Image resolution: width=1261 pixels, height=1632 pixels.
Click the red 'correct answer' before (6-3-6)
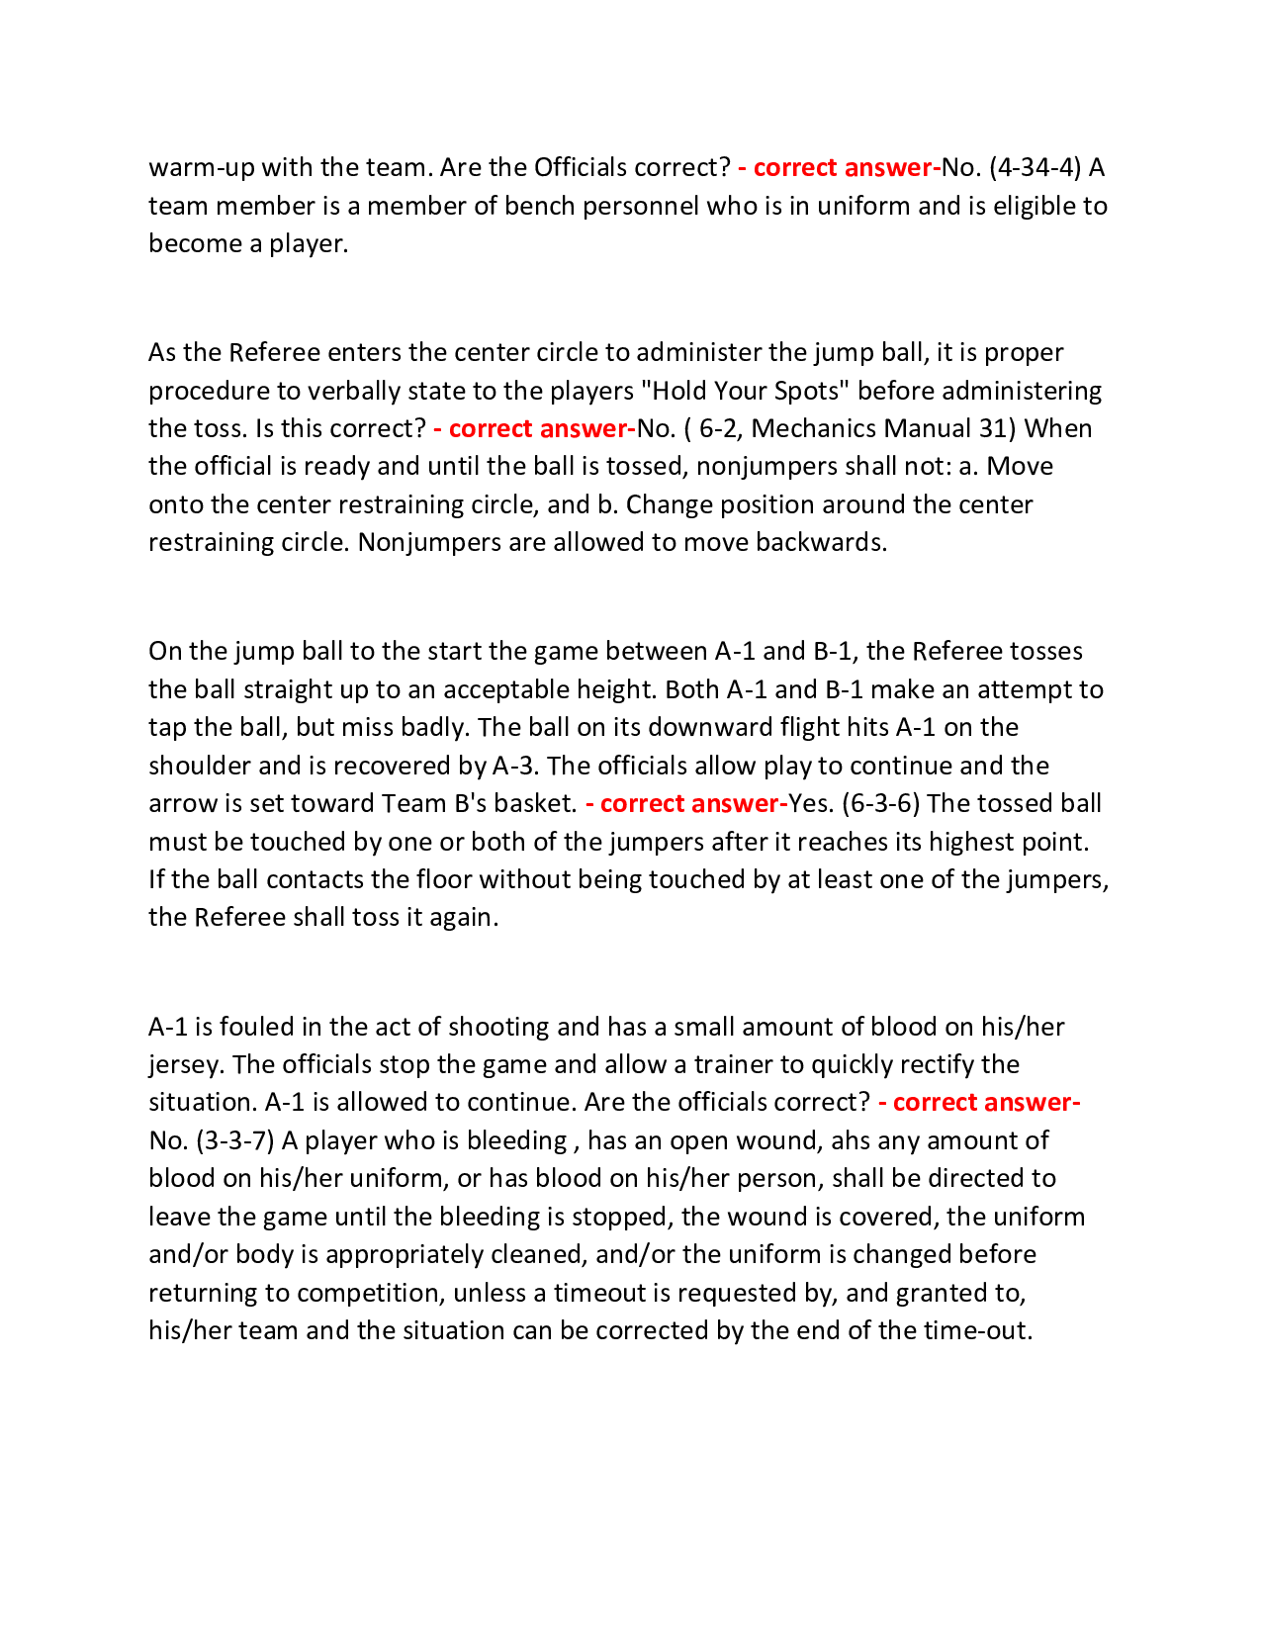[688, 803]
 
